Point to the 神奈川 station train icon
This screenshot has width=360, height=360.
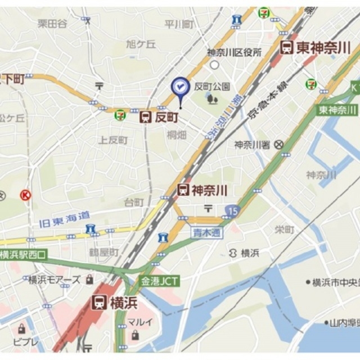(183, 190)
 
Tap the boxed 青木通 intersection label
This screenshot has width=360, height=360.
(206, 232)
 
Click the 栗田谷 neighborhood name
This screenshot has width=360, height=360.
(52, 23)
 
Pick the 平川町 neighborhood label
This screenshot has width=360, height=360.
(179, 24)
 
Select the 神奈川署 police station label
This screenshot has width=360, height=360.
(253, 145)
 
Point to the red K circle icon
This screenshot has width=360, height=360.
(25, 195)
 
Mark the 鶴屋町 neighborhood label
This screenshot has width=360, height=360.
(103, 252)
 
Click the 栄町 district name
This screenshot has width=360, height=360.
(285, 229)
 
